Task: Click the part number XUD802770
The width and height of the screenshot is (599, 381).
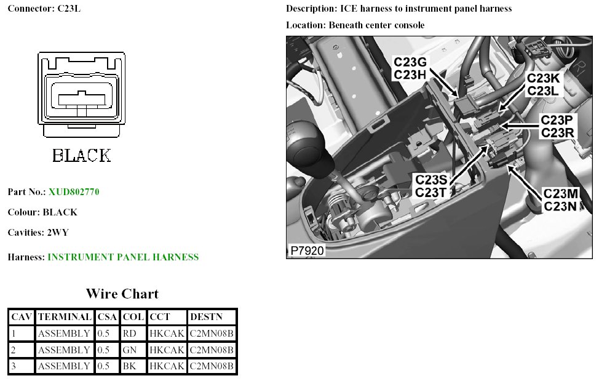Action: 74,192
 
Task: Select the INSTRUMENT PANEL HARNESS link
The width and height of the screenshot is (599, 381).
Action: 123,257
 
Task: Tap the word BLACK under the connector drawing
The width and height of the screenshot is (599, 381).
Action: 82,155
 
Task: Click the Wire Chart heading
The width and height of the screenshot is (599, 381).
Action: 122,294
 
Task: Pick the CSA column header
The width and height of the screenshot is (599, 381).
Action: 107,318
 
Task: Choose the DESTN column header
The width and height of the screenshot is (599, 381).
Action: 203,318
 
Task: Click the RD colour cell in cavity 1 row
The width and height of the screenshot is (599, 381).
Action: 130,334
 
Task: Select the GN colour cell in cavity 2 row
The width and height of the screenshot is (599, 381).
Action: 130,350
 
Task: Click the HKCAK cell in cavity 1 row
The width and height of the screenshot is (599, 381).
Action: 167,334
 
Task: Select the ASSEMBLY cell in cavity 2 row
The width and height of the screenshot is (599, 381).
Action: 64,350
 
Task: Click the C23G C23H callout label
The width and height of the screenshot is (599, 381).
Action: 410,69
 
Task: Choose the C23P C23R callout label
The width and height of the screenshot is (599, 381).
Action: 557,126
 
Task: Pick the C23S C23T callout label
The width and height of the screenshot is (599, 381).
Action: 435,186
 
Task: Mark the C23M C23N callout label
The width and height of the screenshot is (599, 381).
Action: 560,201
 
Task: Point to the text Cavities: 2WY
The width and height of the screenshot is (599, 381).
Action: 38,233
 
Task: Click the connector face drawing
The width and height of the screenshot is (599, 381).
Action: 81,95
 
